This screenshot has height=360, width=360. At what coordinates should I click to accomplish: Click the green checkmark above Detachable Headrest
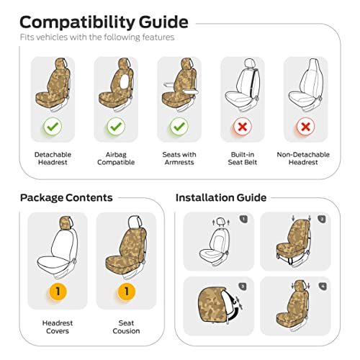coord(53,127)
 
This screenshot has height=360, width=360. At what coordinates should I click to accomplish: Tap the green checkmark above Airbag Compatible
coord(116,127)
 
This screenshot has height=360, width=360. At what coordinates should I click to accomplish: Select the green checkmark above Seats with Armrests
coord(179,127)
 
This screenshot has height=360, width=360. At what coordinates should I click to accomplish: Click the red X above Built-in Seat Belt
coord(243,127)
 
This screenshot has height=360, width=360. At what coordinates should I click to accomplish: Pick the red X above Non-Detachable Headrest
coord(305,127)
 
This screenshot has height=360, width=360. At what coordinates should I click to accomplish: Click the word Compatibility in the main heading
coord(78,22)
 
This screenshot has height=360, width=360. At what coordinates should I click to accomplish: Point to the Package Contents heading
coord(66,198)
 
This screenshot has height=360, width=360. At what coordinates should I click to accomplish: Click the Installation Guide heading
coord(221,198)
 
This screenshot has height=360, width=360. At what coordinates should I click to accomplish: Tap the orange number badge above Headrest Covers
coord(58,292)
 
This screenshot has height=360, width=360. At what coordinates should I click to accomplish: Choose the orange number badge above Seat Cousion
coord(127,292)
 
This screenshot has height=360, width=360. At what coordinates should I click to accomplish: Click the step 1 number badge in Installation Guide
coord(243,219)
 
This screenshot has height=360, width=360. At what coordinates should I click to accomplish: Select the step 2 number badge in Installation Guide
coord(321,219)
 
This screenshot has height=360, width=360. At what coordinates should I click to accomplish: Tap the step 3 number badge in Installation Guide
coord(243,287)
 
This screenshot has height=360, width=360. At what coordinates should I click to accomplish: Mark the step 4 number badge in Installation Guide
coord(323,287)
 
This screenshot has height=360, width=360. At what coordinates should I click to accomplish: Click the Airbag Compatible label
coord(116,158)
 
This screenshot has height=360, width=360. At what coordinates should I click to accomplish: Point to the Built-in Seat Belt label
coord(243,158)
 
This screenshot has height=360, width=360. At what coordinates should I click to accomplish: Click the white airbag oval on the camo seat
coord(125,81)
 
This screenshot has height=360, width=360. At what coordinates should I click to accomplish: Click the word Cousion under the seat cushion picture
coord(126,331)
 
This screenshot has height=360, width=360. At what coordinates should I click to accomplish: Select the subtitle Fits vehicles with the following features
coord(97,37)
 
